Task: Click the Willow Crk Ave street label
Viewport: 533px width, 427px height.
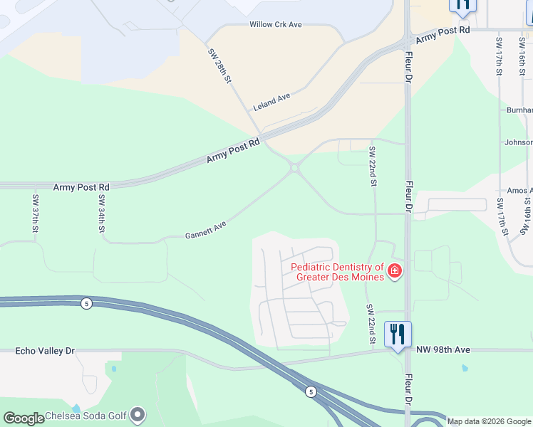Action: pos(276,24)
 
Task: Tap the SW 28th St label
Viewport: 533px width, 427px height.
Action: pos(220,65)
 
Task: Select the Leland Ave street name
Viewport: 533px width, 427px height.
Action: pos(272,102)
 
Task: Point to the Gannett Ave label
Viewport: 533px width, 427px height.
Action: pos(206,229)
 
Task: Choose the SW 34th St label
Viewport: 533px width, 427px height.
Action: pos(102,213)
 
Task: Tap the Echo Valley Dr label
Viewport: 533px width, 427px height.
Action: pos(45,351)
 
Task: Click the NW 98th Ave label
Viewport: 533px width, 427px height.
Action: pos(443,349)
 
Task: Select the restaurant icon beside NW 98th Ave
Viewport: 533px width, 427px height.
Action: pos(398,334)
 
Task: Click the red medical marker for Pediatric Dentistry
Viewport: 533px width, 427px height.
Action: pos(394,271)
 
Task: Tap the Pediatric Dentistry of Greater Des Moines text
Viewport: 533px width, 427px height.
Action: pos(338,272)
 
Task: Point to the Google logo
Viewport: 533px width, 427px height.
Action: pos(24,418)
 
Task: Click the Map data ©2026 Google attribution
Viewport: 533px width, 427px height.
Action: pos(489,421)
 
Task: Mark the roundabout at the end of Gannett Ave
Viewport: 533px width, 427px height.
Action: pos(294,168)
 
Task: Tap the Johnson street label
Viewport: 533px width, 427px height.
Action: pos(518,142)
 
